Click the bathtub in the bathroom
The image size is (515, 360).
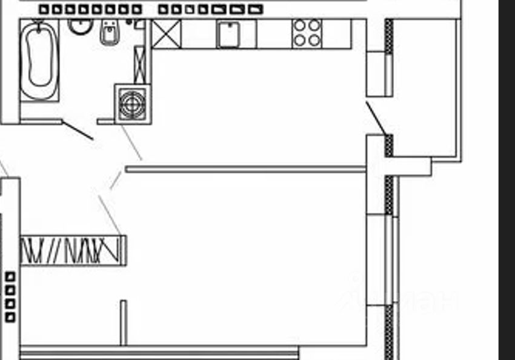click(x=39, y=61)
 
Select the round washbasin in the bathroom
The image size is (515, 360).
click(x=79, y=25)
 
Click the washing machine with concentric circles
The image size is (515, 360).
click(x=132, y=104)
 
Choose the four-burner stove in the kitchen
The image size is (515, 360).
click(x=307, y=33)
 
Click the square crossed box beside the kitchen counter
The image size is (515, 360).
click(x=166, y=34)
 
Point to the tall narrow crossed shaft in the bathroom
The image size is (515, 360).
click(x=140, y=64)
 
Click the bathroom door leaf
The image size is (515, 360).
click(x=78, y=130)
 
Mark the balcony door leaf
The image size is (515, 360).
click(x=376, y=118)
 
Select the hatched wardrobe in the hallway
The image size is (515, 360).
click(x=73, y=250)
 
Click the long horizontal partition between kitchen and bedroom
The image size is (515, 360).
click(x=245, y=169)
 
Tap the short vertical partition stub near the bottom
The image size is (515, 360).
click(x=123, y=322)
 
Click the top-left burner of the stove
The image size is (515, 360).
click(x=300, y=26)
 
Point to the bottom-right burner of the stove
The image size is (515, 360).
click(x=314, y=41)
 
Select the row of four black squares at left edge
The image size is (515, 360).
click(x=10, y=297)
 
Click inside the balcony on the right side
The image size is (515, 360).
click(x=424, y=91)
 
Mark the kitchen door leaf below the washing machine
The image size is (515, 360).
click(x=131, y=142)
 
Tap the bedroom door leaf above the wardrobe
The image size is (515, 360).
click(x=110, y=215)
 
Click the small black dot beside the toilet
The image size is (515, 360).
click(x=129, y=22)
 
